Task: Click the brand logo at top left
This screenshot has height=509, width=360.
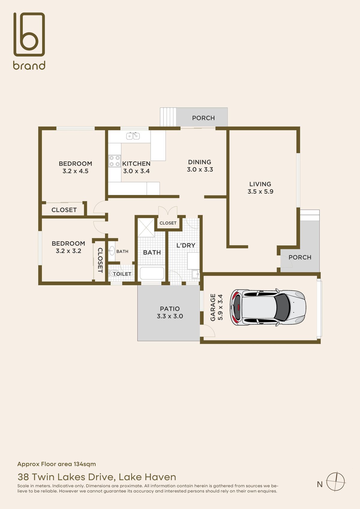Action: pos(29,41)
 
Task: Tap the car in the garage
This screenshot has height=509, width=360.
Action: pos(268,307)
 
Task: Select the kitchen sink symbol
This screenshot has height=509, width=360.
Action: pos(133,136)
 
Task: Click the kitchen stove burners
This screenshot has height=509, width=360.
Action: pos(114,160)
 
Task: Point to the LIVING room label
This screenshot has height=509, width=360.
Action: pos(260,184)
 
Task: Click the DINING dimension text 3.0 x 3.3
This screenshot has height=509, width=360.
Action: pos(200,170)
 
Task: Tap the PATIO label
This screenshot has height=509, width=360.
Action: pos(169,309)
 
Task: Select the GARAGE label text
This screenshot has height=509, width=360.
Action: pos(213,307)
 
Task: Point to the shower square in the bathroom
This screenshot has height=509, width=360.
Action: pos(146,228)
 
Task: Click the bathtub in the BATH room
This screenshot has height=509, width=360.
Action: pos(152,273)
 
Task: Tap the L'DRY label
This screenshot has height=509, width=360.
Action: pos(186,245)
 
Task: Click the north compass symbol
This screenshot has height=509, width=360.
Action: pos(336,481)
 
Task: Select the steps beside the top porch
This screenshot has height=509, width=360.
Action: pos(168,117)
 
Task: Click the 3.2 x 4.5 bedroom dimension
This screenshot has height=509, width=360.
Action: pos(75,171)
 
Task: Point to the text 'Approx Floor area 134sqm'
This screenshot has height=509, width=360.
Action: pos(56,464)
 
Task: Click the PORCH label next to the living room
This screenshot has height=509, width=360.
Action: pos(300,257)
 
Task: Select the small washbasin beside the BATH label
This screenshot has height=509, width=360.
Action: pos(112,250)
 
